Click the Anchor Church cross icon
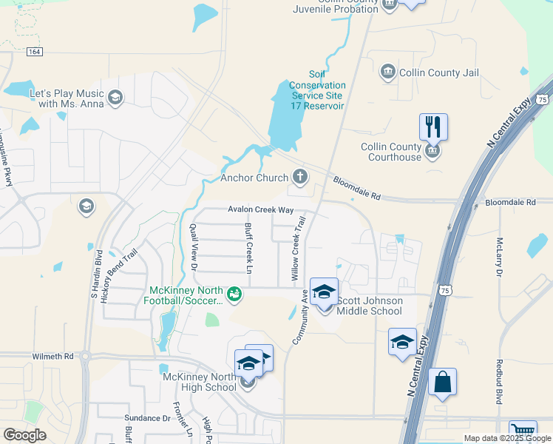(x=299, y=176)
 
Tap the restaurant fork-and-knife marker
(x=433, y=127)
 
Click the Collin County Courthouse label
(x=390, y=152)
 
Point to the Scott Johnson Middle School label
(x=370, y=306)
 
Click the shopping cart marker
(x=523, y=431)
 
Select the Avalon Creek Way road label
(x=260, y=209)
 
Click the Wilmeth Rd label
(x=52, y=356)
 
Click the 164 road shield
(x=34, y=52)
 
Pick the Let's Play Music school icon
(x=115, y=97)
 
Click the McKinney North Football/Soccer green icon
(x=234, y=295)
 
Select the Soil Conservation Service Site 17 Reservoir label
(x=317, y=90)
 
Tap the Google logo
(x=24, y=434)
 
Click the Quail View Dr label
(x=194, y=246)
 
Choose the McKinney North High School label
(x=199, y=382)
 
